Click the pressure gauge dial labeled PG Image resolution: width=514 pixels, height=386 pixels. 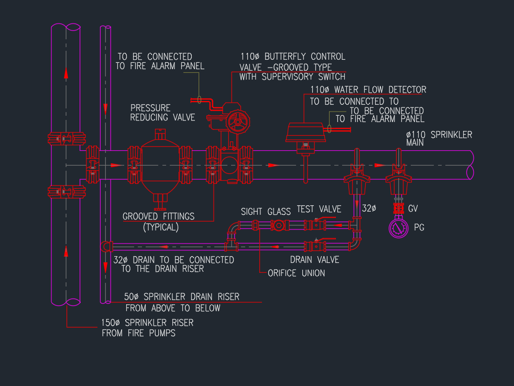pyautogui.click(x=399, y=228)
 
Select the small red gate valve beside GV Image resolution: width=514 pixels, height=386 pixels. pyautogui.click(x=399, y=209)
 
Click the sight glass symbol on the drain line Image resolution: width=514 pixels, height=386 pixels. pyautogui.click(x=278, y=226)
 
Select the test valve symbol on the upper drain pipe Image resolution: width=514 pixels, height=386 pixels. pyautogui.click(x=316, y=225)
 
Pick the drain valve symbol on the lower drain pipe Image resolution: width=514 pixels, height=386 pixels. pyautogui.click(x=316, y=245)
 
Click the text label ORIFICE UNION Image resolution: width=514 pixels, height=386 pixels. pyautogui.click(x=296, y=273)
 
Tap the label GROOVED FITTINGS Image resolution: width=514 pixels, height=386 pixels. pyautogui.click(x=158, y=216)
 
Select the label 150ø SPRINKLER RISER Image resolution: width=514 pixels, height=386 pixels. pyautogui.click(x=147, y=323)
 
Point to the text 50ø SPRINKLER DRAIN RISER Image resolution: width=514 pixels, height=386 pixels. pyautogui.click(x=182, y=297)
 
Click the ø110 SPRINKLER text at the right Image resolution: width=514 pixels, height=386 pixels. pyautogui.click(x=439, y=135)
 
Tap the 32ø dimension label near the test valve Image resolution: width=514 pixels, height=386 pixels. pyautogui.click(x=369, y=208)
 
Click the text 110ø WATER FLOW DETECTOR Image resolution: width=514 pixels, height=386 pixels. pyautogui.click(x=368, y=90)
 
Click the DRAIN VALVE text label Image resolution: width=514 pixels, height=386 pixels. pyautogui.click(x=314, y=259)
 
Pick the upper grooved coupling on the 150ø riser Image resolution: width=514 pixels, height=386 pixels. pyautogui.click(x=66, y=138)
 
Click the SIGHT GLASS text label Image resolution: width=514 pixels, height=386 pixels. pyautogui.click(x=266, y=211)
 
